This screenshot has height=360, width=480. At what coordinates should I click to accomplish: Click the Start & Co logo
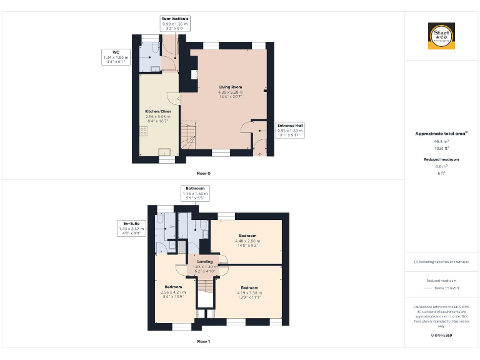(441, 36)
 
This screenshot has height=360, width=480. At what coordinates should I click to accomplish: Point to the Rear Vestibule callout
(175, 24)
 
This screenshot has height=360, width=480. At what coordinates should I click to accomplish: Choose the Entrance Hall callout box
(289, 130)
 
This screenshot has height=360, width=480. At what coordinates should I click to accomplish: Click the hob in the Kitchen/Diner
(143, 131)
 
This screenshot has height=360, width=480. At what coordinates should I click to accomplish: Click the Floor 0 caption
(204, 172)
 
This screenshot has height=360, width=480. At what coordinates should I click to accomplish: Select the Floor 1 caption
(204, 342)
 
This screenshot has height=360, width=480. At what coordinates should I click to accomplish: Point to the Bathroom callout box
(194, 193)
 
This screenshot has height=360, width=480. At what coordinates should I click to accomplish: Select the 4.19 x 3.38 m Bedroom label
(249, 291)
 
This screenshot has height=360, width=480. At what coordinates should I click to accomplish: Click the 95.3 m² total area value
(441, 141)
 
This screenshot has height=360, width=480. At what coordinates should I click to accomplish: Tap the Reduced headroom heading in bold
(441, 160)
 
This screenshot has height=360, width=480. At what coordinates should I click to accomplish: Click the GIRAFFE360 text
(441, 336)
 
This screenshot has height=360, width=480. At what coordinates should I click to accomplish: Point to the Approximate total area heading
(441, 133)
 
